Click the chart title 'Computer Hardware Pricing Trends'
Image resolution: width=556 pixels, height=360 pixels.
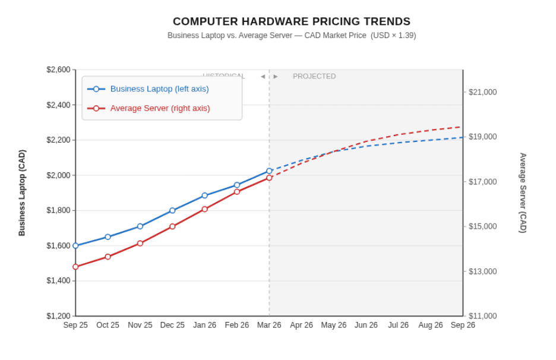(x=291, y=22)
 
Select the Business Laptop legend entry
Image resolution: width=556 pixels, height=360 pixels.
(x=159, y=89)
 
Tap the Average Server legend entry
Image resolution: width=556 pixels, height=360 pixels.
(x=160, y=108)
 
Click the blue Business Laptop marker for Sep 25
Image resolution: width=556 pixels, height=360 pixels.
(x=75, y=245)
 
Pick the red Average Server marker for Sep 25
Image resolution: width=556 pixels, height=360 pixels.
(x=75, y=267)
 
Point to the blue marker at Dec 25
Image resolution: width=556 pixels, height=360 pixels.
(x=172, y=210)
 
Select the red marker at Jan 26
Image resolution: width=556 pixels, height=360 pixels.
(x=205, y=209)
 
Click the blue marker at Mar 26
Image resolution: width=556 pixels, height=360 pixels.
(x=269, y=171)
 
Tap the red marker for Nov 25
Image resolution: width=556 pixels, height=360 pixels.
(x=140, y=243)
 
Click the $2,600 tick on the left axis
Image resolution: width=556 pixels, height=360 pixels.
(x=58, y=70)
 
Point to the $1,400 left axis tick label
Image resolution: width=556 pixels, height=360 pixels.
(x=58, y=281)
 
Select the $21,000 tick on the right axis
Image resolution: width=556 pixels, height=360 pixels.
(x=482, y=92)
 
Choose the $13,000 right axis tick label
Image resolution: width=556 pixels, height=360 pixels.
(x=482, y=271)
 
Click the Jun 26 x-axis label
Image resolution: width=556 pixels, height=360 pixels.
(x=366, y=326)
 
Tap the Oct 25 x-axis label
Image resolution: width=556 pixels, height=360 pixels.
(x=108, y=326)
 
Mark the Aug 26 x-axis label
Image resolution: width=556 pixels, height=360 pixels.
(x=431, y=326)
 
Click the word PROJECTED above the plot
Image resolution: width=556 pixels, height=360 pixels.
(x=314, y=77)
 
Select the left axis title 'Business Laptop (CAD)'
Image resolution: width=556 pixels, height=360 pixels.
(x=22, y=193)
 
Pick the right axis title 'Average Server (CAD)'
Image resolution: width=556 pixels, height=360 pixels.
(x=523, y=193)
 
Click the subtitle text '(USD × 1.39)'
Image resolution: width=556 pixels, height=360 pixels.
(x=393, y=36)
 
